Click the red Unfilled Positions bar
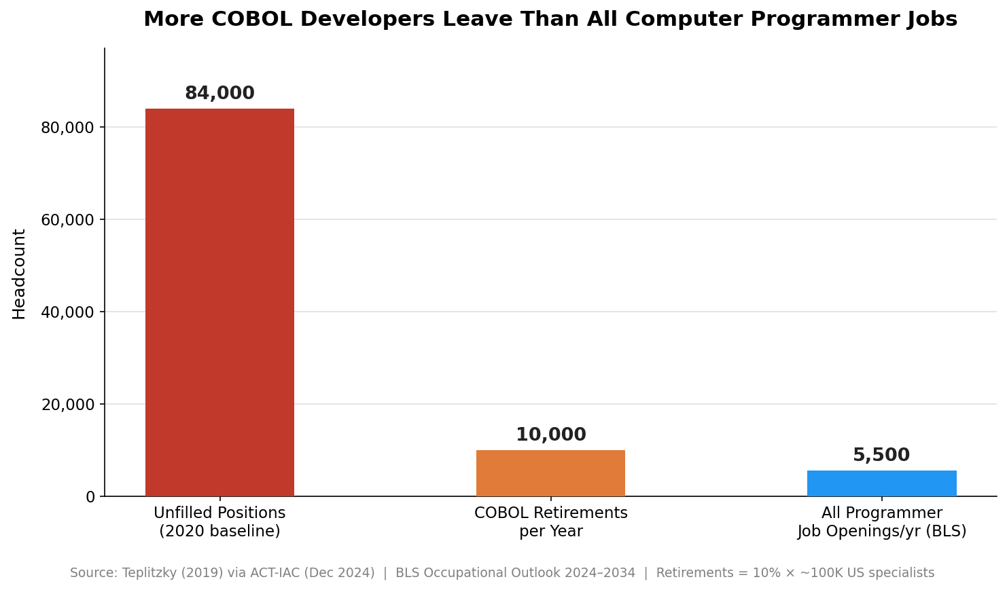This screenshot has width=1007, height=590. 219,302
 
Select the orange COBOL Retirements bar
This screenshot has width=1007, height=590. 550,473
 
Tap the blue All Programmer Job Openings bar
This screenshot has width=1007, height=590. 881,483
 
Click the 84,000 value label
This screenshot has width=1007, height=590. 219,94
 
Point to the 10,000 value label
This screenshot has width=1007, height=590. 550,435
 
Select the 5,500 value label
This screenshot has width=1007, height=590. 881,456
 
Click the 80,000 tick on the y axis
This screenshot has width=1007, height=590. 68,128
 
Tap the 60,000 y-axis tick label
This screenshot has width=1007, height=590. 68,220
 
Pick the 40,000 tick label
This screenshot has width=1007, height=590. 68,312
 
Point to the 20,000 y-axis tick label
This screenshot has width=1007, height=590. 68,405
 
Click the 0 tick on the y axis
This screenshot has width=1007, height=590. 90,497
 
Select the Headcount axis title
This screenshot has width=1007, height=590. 19,274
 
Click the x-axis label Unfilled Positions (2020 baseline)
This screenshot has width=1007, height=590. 219,522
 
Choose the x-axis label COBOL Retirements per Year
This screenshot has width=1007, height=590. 550,522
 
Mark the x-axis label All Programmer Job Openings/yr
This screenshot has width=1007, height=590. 881,522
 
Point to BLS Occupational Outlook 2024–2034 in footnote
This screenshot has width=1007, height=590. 515,573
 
